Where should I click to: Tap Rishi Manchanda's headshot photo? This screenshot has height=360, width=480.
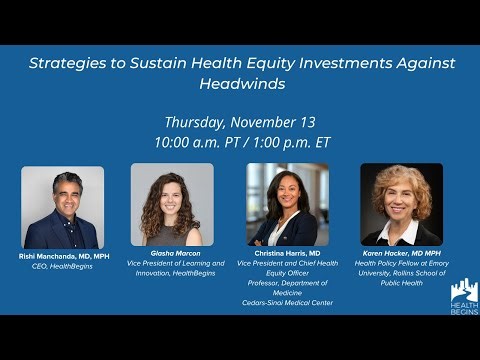(x=62, y=207)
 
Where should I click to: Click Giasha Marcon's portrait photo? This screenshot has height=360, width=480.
(x=171, y=205)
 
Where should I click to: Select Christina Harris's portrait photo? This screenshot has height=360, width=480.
(x=288, y=205)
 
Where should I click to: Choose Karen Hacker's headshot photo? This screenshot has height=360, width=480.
(x=401, y=205)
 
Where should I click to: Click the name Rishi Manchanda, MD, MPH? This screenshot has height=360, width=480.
(x=62, y=256)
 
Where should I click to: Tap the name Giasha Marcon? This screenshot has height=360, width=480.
(x=171, y=253)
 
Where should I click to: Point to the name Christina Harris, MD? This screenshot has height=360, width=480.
(x=288, y=253)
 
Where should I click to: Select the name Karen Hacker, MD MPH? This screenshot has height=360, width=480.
(x=401, y=253)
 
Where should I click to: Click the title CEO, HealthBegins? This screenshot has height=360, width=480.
(x=62, y=266)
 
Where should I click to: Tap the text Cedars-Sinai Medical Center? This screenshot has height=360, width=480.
(x=288, y=302)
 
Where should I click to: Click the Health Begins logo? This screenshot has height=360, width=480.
(x=463, y=297)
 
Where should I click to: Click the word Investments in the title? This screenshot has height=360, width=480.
(x=328, y=63)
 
